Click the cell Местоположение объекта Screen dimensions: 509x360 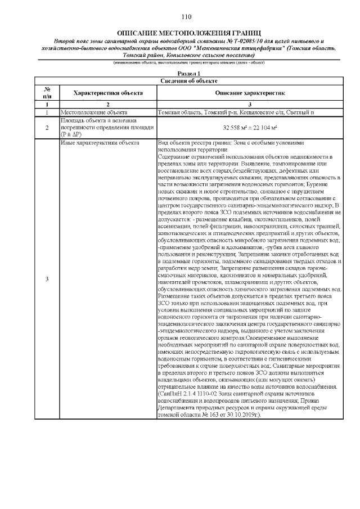tap(87, 113)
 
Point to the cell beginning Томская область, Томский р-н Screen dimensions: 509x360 tap(237, 113)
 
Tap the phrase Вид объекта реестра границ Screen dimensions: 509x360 tap(193, 143)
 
